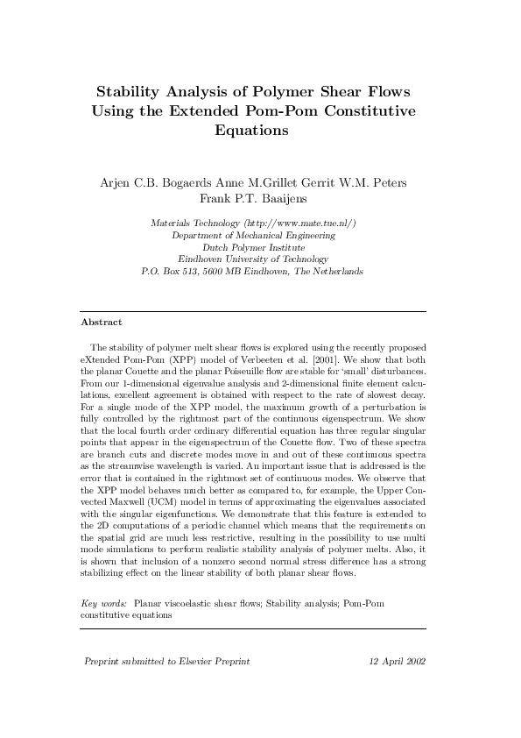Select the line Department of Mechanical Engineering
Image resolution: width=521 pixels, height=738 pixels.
(x=253, y=236)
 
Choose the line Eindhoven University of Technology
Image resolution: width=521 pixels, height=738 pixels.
(x=253, y=259)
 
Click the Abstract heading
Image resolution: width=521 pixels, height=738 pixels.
(x=101, y=322)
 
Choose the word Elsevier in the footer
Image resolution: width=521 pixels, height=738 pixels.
(x=190, y=661)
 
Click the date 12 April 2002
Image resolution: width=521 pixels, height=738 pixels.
(x=398, y=661)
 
